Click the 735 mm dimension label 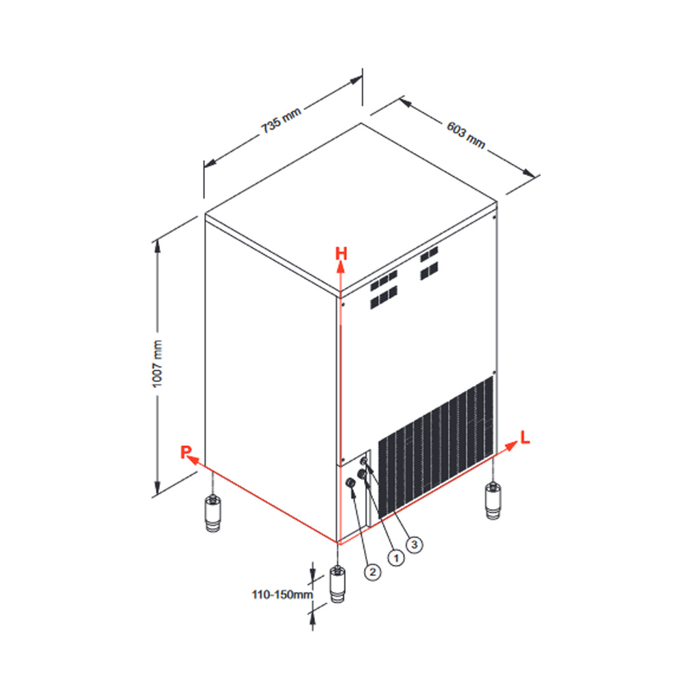pos(281,120)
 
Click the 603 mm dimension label pos(466,135)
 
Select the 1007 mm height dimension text pos(157,364)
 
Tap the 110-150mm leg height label pos(282,595)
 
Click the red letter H pos(341,253)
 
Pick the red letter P pos(186,451)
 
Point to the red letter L pos(525,437)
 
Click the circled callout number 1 pos(396,557)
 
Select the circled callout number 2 pos(372,572)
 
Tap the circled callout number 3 pos(415,544)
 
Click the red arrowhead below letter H pos(341,267)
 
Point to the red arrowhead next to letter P pos(194,460)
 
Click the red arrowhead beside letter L pos(511,446)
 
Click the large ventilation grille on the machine pos(436,447)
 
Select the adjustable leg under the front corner pos(337,584)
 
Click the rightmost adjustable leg pos(492,501)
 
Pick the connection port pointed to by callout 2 pos(350,483)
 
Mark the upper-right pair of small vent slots pos(429,263)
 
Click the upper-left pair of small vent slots pos(384,290)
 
